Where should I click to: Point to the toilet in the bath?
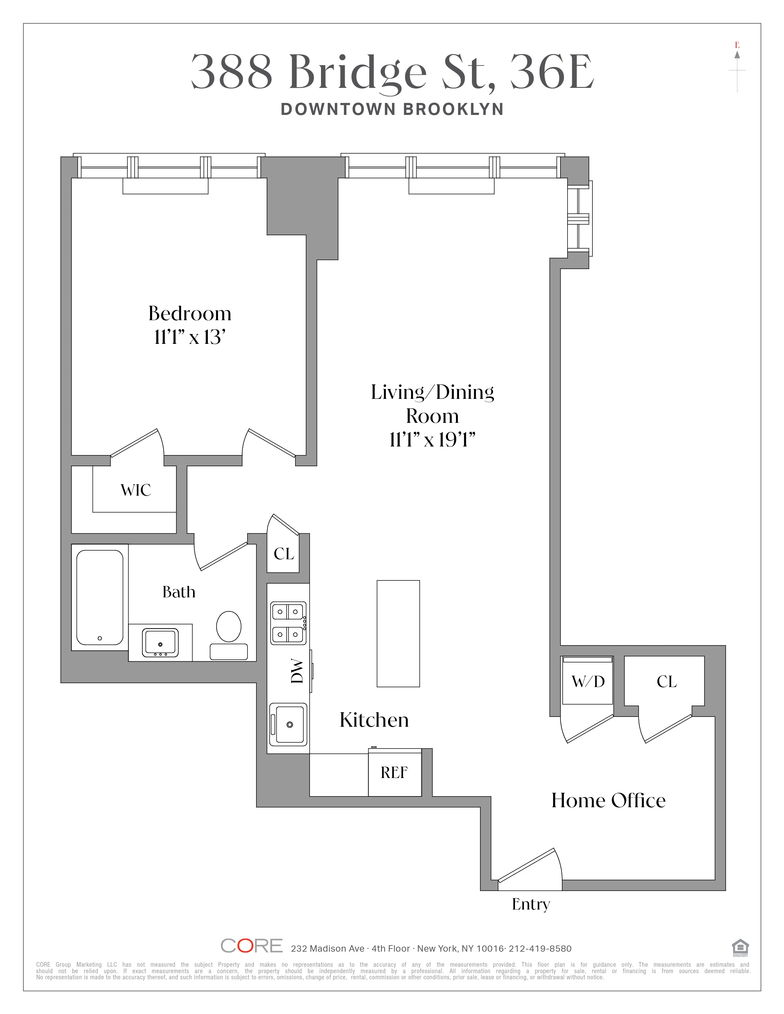[228, 627]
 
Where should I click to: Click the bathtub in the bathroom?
[99, 597]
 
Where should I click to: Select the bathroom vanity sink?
[160, 642]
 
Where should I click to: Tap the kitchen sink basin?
[289, 724]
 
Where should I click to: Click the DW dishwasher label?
[297, 672]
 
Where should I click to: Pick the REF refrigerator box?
[394, 772]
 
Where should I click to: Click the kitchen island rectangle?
[398, 633]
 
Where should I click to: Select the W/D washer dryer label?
[588, 682]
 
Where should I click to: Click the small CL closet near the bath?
[283, 554]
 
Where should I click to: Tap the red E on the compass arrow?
[737, 45]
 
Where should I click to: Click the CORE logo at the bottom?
[251, 946]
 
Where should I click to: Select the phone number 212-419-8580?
[540, 949]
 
